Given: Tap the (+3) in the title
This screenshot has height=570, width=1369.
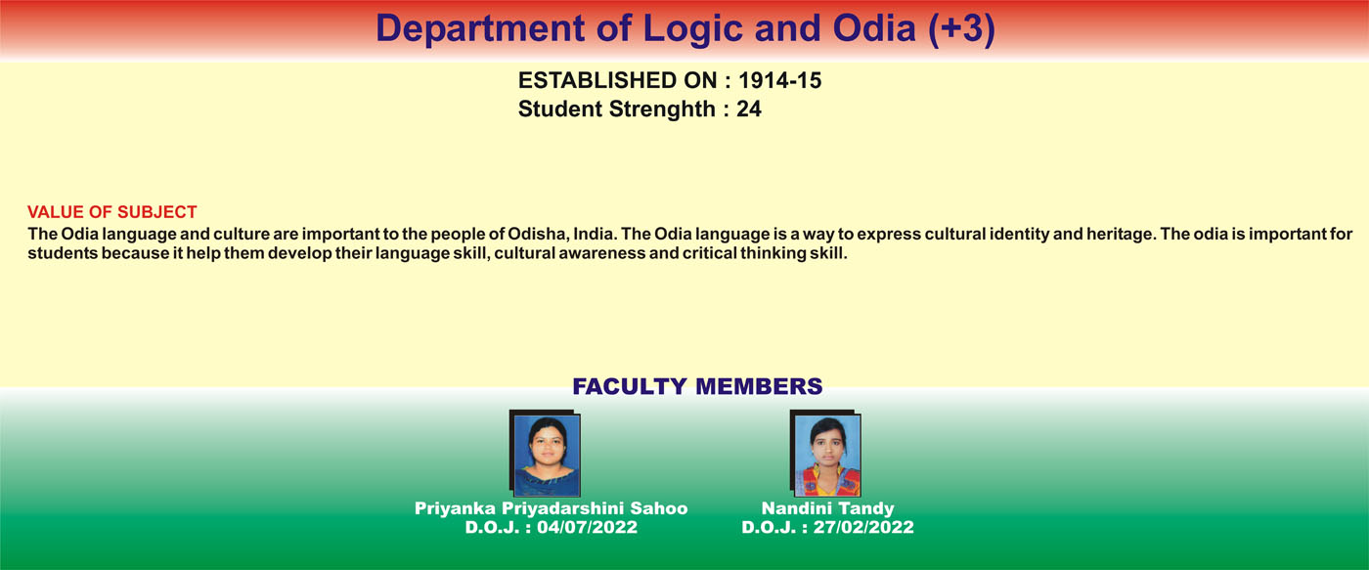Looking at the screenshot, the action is tap(961, 28).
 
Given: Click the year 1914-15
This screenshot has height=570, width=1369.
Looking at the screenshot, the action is tap(780, 80).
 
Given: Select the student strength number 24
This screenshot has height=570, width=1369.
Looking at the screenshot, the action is tap(749, 110).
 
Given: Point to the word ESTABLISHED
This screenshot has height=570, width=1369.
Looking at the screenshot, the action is tap(617, 80).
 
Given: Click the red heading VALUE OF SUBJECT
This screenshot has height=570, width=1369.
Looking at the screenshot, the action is tap(111, 212).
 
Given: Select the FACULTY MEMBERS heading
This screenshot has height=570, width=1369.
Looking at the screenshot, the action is tap(697, 386).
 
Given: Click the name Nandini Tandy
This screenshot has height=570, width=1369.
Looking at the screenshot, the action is tap(827, 508).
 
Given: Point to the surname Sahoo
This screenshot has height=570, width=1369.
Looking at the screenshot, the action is tap(659, 508).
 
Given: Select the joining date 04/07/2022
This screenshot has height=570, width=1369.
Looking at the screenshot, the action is tap(588, 527).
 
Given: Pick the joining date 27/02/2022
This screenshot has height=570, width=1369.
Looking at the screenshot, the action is tap(863, 527).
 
